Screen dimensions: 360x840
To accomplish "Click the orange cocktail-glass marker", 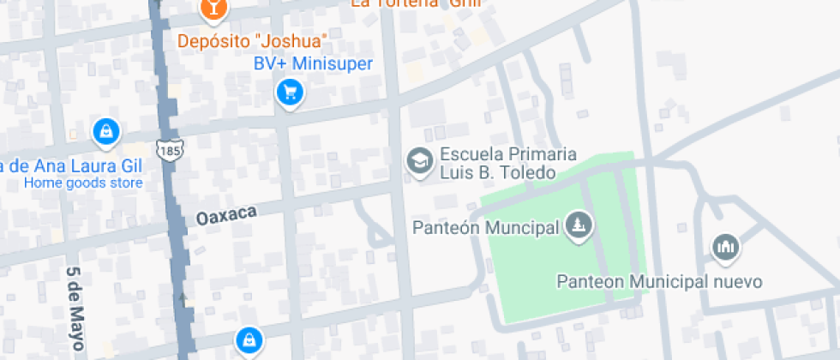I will (x=211, y=9).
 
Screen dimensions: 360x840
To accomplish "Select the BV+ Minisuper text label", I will (x=313, y=63).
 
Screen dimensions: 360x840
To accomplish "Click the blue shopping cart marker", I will (x=291, y=91).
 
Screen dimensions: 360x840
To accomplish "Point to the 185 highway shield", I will (x=168, y=150).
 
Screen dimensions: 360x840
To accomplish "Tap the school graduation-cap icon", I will (x=419, y=161).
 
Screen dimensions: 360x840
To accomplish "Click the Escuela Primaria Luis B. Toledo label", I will (x=496, y=164).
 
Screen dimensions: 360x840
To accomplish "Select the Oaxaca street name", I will (x=226, y=215).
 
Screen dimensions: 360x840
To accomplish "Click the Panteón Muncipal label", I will (x=486, y=228).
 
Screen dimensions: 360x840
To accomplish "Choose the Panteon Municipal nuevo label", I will (x=659, y=282).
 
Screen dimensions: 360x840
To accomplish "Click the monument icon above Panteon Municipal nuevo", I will (x=725, y=249).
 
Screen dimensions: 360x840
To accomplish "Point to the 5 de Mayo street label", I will (x=75, y=309).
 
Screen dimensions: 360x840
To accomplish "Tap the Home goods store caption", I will (x=83, y=183).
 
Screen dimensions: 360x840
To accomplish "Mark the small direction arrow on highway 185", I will (x=183, y=297).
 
